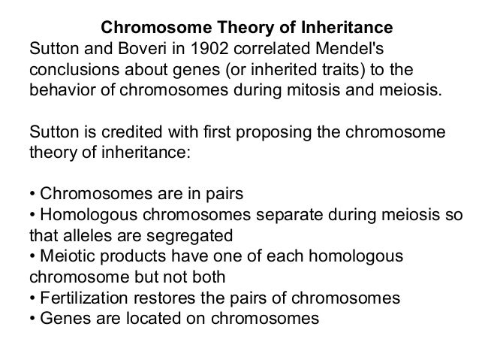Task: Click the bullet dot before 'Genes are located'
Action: coord(32,316)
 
